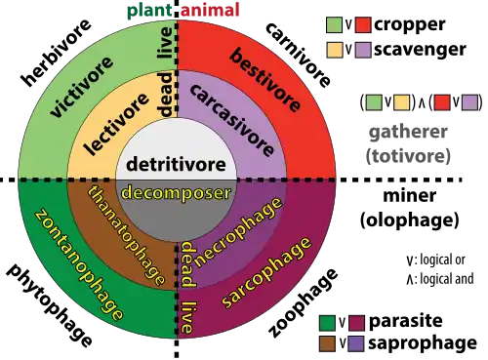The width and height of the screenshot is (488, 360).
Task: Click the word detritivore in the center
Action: tap(176, 164)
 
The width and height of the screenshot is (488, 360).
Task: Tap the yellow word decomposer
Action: tap(176, 192)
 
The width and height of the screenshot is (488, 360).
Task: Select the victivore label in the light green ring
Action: tap(82, 87)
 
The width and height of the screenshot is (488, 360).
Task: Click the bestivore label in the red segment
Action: tap(265, 80)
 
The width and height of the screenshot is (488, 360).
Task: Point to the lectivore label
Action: tap(116, 124)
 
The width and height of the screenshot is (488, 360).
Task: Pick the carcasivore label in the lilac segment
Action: tap(231, 120)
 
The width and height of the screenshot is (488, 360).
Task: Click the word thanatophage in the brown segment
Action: tap(126, 235)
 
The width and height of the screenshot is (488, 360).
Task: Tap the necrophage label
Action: tap(238, 232)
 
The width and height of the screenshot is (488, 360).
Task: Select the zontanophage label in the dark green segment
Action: tap(79, 264)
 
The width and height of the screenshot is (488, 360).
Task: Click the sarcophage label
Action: tap(266, 272)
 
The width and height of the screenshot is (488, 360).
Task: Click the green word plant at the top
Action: tap(149, 11)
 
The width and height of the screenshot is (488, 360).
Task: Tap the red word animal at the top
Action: tap(210, 10)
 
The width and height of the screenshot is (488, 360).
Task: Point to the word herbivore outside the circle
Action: tap(56, 53)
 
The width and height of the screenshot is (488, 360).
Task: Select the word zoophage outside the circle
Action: tap(304, 303)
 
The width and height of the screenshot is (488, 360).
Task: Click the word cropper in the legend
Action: tap(410, 24)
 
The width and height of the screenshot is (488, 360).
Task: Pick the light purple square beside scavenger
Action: tap(363, 50)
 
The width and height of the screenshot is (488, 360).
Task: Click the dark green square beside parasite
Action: tap(327, 322)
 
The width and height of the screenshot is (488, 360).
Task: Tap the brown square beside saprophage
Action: tap(327, 343)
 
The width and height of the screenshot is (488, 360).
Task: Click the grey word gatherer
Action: tap(409, 132)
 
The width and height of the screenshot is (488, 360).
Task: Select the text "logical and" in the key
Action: tap(447, 279)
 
